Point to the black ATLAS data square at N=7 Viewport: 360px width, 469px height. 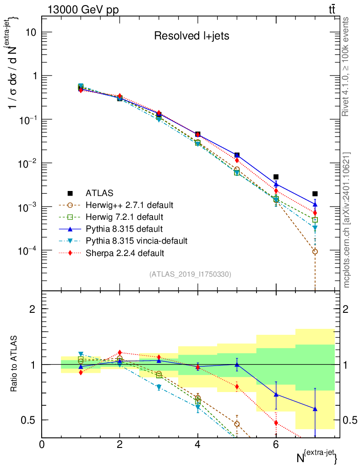(x=315, y=194)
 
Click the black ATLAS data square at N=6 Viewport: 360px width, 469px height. (x=276, y=177)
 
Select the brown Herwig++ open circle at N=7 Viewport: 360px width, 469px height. (x=315, y=251)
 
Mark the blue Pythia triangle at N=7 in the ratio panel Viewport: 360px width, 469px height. (x=315, y=409)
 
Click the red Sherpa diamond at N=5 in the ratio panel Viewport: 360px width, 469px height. (x=237, y=387)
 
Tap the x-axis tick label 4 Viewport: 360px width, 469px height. (x=198, y=444)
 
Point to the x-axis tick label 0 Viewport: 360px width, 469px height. (x=42, y=444)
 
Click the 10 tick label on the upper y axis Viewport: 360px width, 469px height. (x=31, y=33)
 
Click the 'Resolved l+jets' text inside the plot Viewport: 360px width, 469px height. (x=191, y=36)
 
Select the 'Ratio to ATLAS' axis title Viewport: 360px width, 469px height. (x=14, y=364)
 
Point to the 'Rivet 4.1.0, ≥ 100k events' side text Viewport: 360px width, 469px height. (x=347, y=66)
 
